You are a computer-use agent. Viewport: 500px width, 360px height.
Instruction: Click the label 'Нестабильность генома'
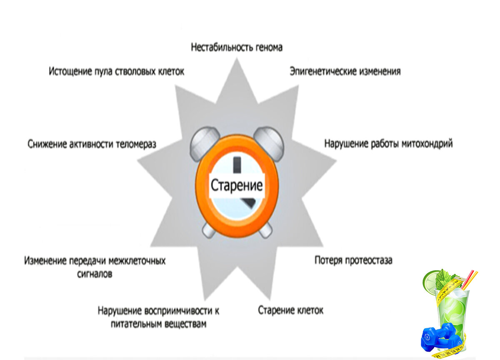(236, 47)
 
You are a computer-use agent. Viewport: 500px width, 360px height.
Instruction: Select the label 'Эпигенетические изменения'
(345, 71)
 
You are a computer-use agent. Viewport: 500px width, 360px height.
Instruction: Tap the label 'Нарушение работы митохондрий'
(388, 144)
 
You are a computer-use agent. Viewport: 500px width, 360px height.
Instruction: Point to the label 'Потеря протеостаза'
(353, 261)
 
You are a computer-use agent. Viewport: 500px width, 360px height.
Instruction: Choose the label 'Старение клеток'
(290, 310)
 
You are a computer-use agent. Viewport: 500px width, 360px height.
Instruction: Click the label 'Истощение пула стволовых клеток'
(116, 71)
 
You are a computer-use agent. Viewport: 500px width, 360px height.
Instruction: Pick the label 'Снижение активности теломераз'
(92, 145)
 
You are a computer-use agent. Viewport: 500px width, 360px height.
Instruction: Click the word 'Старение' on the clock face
(237, 185)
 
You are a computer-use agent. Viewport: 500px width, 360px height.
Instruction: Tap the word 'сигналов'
(95, 275)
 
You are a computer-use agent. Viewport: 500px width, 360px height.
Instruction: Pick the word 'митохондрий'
(427, 144)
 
